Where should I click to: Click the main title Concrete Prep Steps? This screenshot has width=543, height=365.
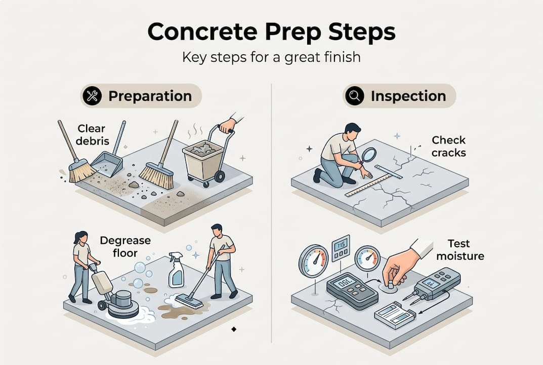click(271, 32)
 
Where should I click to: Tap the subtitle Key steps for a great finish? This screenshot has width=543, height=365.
click(271, 56)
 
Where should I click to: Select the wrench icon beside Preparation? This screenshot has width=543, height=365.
click(93, 96)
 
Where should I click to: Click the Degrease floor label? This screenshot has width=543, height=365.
click(125, 246)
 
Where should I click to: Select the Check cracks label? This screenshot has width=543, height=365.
click(448, 146)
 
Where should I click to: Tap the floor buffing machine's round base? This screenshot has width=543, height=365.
click(123, 306)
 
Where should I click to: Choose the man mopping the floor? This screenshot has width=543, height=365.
click(223, 259)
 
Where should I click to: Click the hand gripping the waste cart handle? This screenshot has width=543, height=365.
click(228, 124)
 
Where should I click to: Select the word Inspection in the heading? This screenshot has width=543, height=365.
click(408, 96)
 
